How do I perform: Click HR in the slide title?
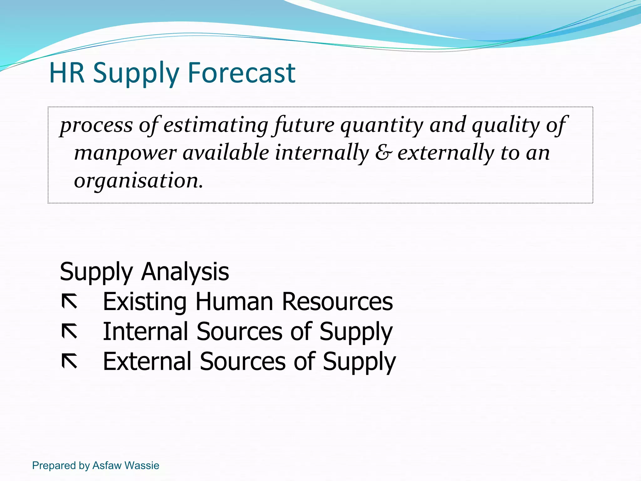tap(67, 73)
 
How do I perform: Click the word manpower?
tap(125, 153)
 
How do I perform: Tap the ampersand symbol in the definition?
tap(383, 153)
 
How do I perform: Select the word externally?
tap(446, 153)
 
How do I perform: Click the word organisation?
tap(138, 181)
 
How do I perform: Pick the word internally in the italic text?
tap(322, 153)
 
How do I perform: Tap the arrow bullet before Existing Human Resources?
tap(69, 302)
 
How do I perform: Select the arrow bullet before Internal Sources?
tap(69, 332)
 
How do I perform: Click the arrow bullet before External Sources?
tap(69, 361)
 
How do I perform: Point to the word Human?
tap(234, 302)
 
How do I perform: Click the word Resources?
tap(337, 302)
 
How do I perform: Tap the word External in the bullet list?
tap(147, 361)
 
